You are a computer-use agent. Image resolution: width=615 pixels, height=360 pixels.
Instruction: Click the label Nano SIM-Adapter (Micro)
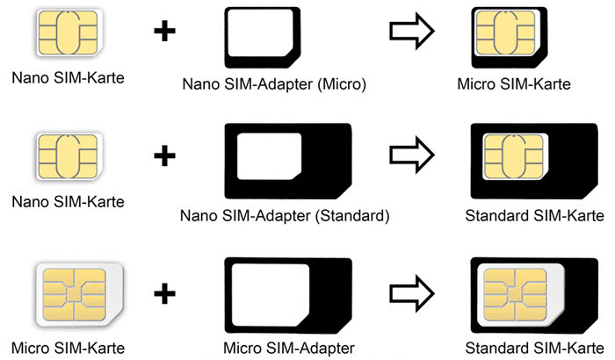(x=272, y=85)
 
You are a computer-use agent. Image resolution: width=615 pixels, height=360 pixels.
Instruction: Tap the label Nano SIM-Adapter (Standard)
(x=284, y=215)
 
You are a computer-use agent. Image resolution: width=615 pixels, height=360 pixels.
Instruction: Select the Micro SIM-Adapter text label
(x=289, y=348)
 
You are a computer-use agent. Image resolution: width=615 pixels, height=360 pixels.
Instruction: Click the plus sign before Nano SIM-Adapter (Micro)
(x=163, y=32)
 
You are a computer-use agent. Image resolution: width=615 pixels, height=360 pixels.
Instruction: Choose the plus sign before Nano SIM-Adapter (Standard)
(x=163, y=157)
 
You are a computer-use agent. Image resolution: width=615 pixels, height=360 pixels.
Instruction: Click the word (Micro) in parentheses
(x=338, y=85)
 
